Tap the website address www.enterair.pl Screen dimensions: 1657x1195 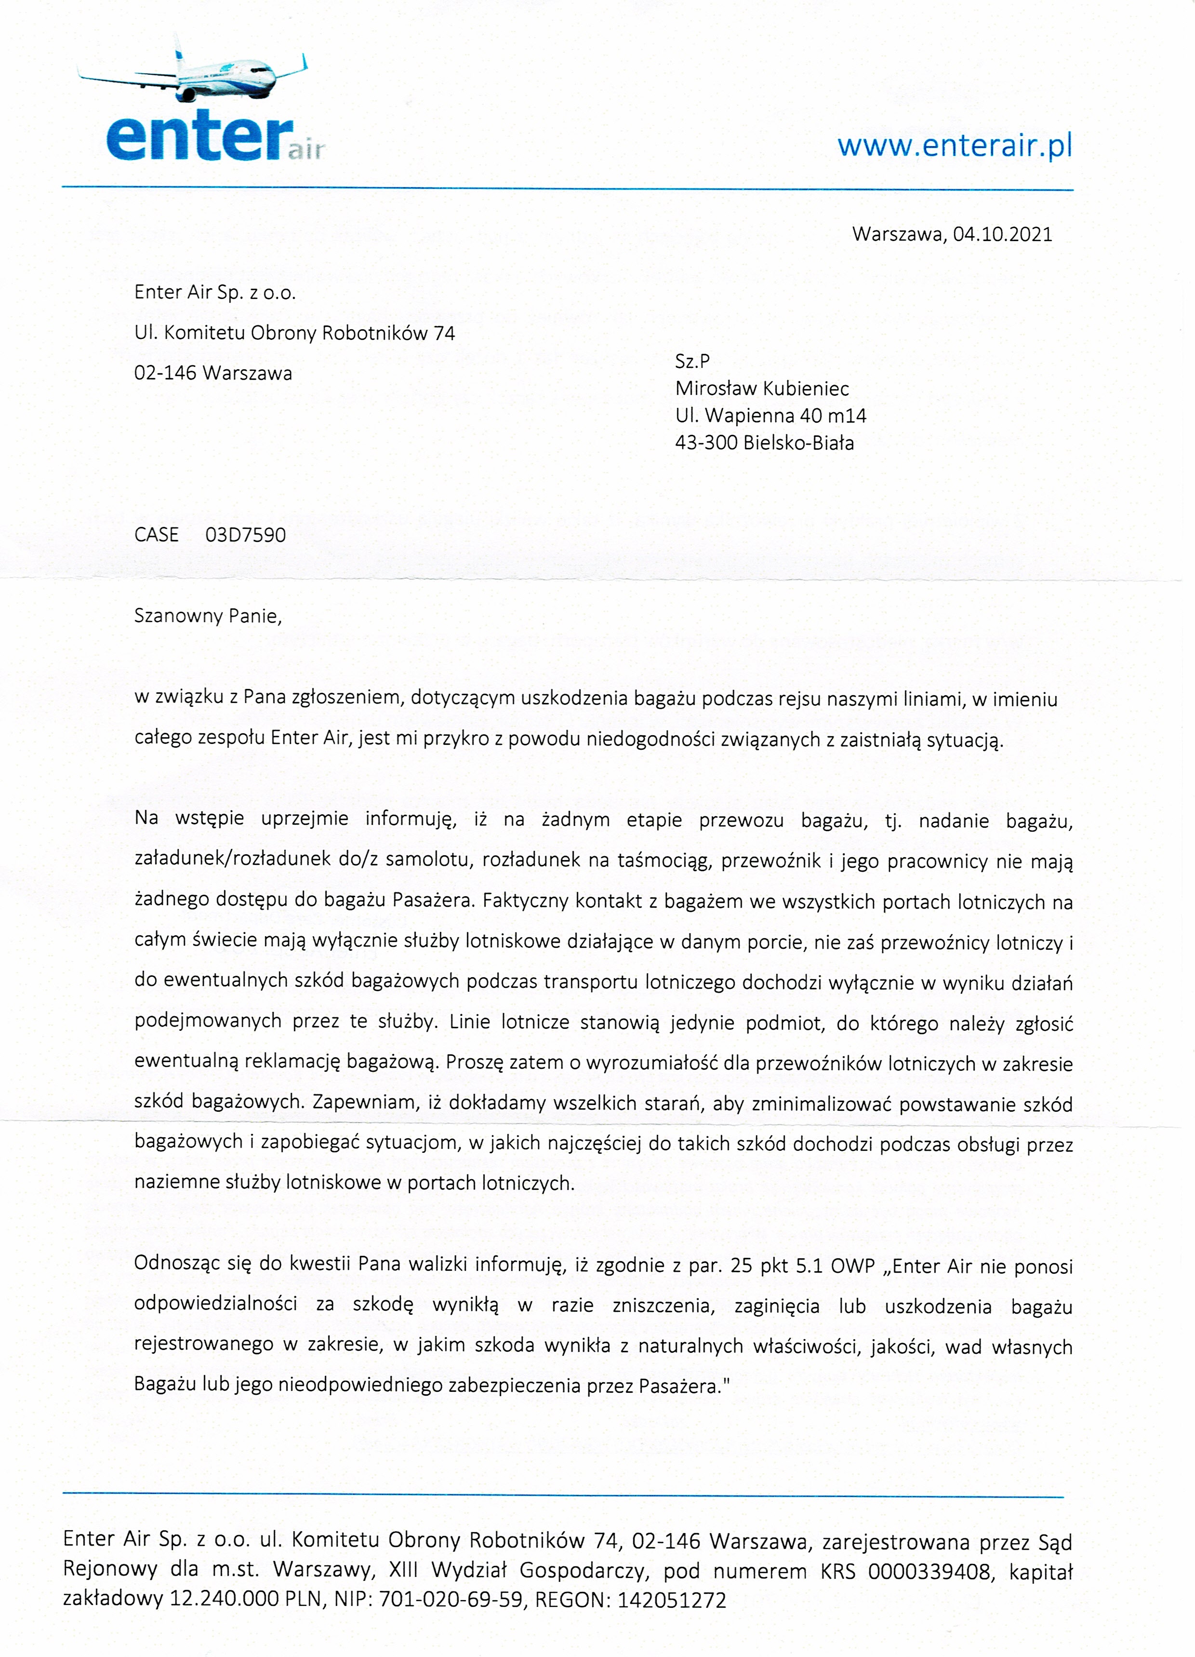click(x=955, y=146)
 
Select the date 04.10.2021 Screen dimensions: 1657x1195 click(x=1002, y=234)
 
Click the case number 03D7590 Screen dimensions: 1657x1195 click(x=245, y=535)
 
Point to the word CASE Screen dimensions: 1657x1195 click(x=156, y=535)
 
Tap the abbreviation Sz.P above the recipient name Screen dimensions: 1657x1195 click(x=692, y=361)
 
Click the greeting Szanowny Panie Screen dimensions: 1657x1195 click(x=208, y=616)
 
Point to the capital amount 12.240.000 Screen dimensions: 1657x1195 click(x=224, y=1600)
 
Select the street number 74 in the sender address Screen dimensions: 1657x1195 click(x=444, y=334)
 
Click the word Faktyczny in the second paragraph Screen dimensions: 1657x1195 click(x=525, y=901)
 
